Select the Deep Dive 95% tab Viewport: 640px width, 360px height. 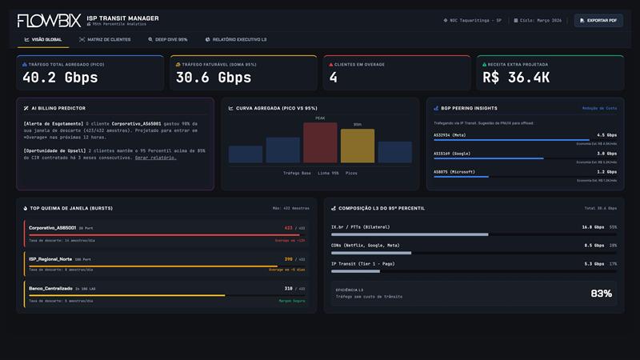point(167,39)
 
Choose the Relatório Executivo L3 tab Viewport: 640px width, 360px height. point(236,39)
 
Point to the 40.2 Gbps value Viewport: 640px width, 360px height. point(60,78)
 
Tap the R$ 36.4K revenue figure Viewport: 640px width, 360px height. point(516,78)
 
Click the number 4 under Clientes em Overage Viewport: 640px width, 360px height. point(334,78)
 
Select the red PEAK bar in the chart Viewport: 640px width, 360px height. point(320,142)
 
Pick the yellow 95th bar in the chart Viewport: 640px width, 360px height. point(358,146)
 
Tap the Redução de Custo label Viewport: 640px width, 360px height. point(599,108)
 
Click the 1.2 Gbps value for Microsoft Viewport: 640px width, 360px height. point(606,171)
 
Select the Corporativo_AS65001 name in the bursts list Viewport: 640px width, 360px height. point(53,228)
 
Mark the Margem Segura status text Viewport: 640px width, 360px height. point(291,301)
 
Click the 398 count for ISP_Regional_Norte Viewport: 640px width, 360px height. point(288,259)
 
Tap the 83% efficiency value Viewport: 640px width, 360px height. point(601,294)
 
